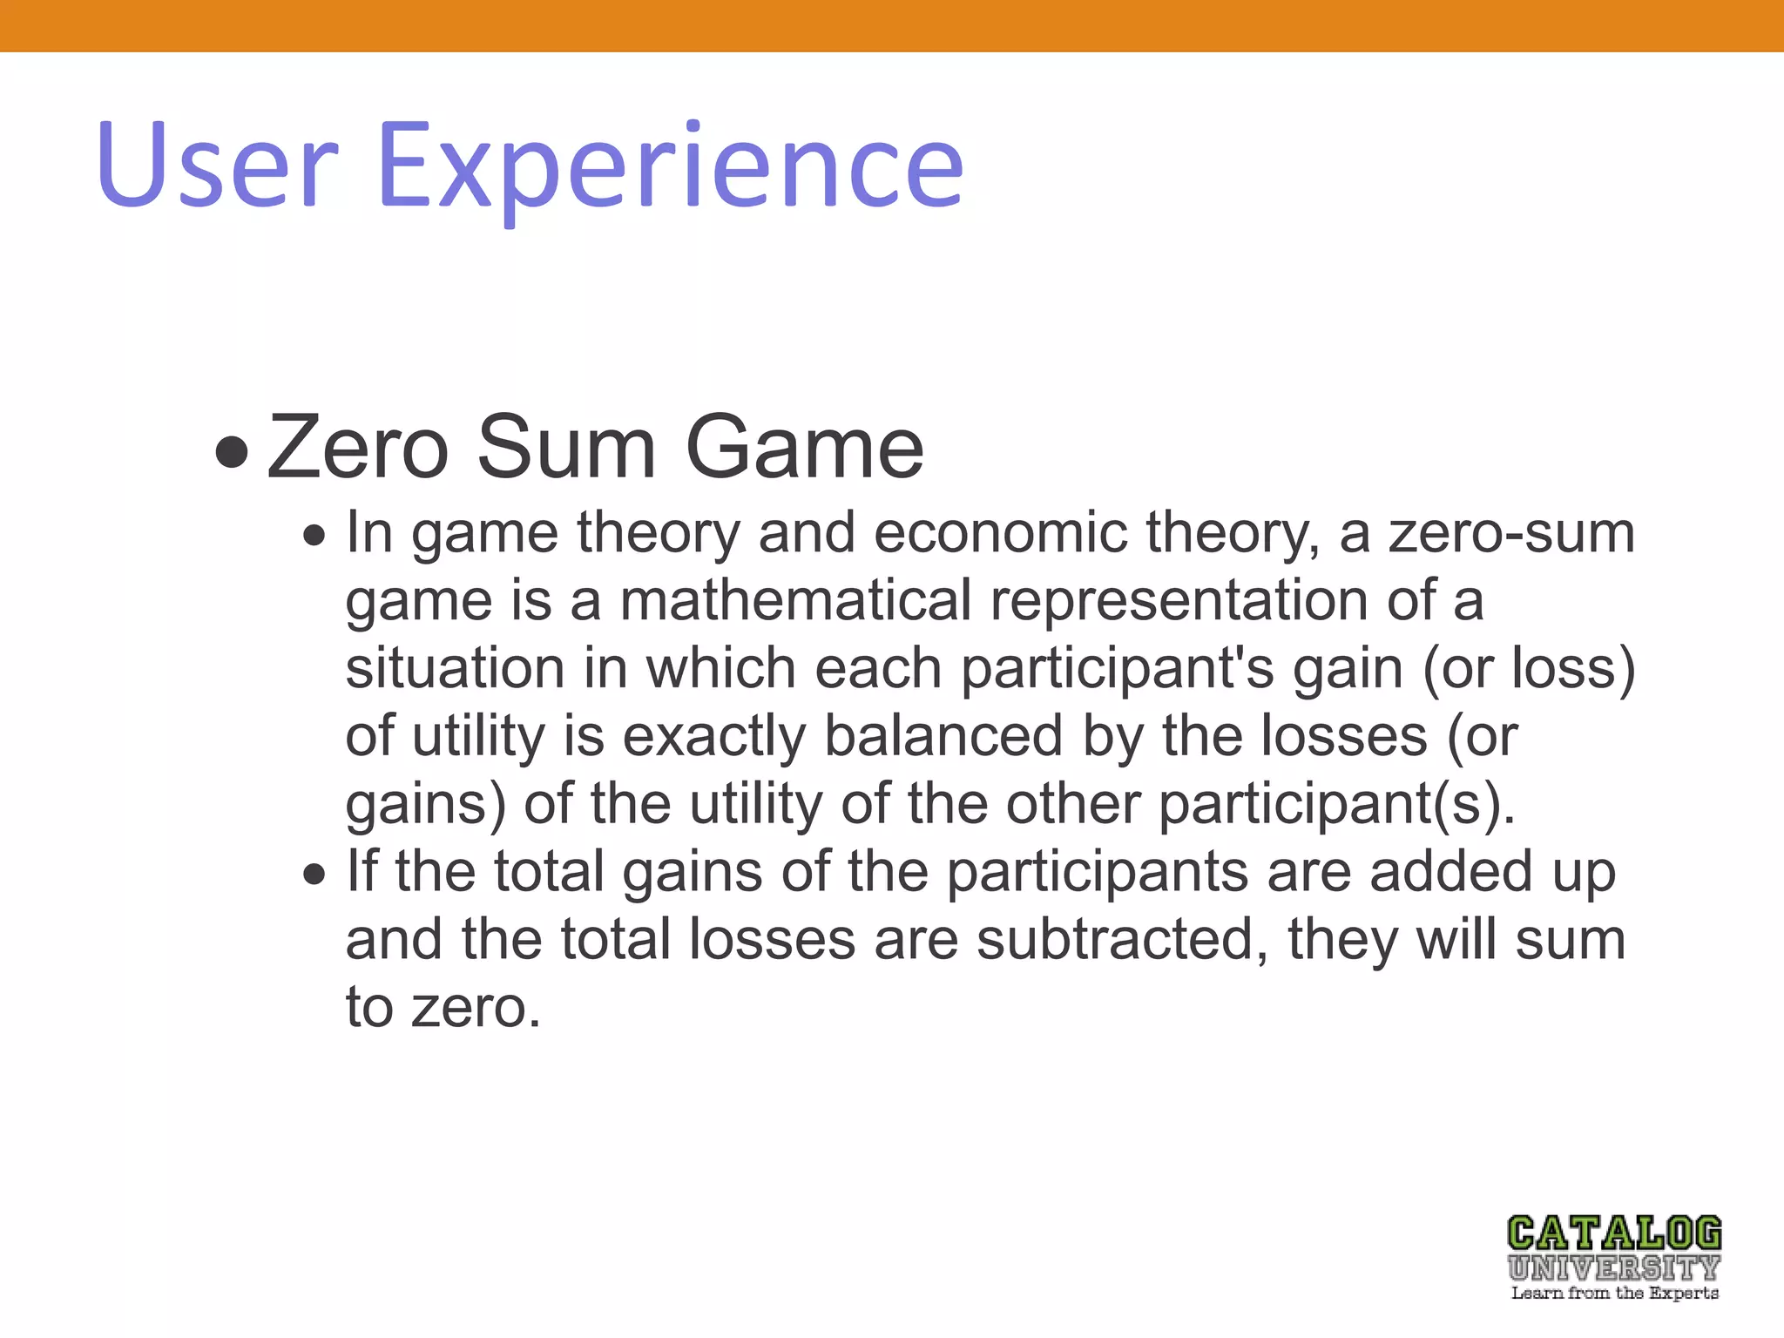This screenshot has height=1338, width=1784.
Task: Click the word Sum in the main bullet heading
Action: tap(566, 448)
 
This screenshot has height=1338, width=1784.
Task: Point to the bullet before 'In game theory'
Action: tap(314, 535)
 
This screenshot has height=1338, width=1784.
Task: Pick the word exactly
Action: tap(714, 737)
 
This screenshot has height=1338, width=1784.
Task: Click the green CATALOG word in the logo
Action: tap(1614, 1233)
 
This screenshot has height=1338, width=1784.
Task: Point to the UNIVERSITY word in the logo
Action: tap(1614, 1267)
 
